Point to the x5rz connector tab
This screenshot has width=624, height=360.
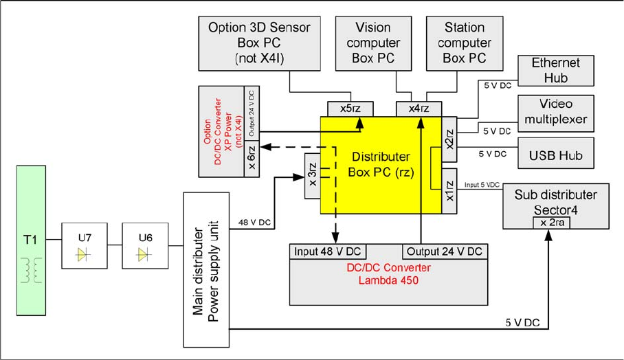pyautogui.click(x=348, y=109)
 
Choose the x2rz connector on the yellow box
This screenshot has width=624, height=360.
pyautogui.click(x=449, y=141)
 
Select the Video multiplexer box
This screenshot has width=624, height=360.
pyautogui.click(x=555, y=113)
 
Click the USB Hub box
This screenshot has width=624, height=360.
pyautogui.click(x=555, y=155)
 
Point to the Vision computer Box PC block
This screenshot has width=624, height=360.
pyautogui.click(x=372, y=43)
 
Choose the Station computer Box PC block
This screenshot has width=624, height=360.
pyautogui.click(x=464, y=43)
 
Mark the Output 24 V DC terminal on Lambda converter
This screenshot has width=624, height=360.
pyautogui.click(x=444, y=251)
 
